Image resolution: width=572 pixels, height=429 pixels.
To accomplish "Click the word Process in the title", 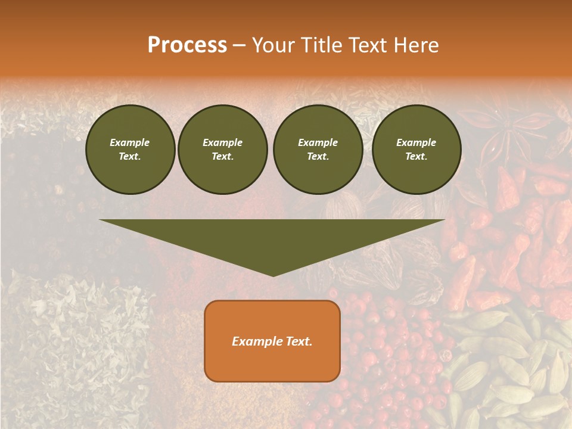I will click(187, 45).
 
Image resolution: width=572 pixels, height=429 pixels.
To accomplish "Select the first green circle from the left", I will click(130, 150).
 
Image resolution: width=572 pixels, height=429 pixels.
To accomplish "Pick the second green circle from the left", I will click(222, 150).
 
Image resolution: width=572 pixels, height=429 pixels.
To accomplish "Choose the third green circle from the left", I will click(318, 150).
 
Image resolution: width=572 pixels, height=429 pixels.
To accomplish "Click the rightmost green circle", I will click(416, 150).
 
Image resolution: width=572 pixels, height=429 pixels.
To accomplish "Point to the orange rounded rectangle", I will click(272, 341).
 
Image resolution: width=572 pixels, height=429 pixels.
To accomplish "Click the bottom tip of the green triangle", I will click(273, 275).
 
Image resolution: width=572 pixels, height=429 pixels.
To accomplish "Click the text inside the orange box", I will click(272, 341).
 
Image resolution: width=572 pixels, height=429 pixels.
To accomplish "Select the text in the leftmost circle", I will click(130, 150).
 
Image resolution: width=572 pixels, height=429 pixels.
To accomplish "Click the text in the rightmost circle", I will click(416, 150).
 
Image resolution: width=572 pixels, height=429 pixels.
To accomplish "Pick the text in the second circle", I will click(222, 150).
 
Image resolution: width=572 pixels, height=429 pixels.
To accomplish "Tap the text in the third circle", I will click(318, 150).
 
